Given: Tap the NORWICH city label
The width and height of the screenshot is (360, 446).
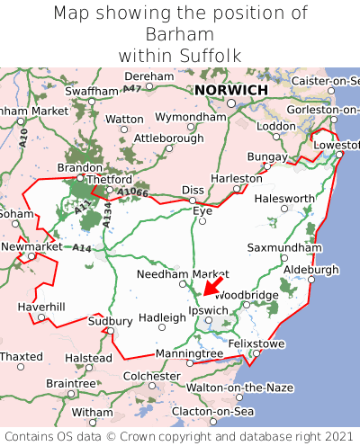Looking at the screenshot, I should tap(231, 90).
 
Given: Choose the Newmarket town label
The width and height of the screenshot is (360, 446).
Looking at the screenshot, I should tap(31, 245).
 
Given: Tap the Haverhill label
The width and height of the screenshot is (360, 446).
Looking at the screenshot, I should tap(41, 307).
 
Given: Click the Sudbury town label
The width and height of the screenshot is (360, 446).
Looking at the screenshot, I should tap(111, 321).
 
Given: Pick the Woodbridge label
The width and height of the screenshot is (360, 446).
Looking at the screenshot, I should tap(247, 294).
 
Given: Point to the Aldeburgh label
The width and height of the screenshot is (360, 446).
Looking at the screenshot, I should tap(310, 269).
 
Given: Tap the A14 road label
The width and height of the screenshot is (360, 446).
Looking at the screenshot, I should tap(82, 247).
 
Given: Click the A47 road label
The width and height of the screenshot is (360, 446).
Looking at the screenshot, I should tap(132, 88).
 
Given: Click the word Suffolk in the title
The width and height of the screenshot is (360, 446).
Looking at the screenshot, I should tap(210, 55).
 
